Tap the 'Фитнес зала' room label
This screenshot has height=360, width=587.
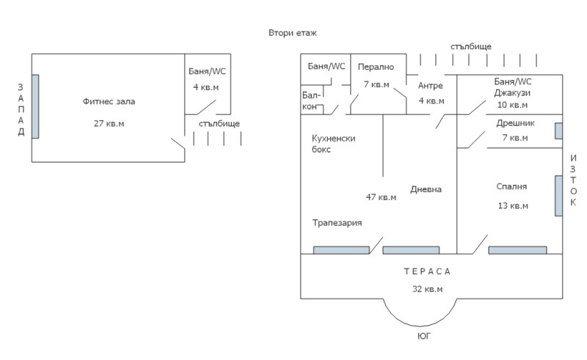(109, 101)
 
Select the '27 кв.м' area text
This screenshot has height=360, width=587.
(109, 123)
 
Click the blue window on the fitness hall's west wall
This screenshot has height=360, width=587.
(34, 106)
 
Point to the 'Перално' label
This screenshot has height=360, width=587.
(376, 67)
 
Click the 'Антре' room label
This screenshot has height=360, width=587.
(431, 86)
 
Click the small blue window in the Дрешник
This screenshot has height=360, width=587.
(558, 131)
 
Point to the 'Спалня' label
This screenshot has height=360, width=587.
(511, 186)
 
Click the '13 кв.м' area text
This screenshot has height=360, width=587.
(513, 205)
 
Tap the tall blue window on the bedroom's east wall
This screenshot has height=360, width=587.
(558, 194)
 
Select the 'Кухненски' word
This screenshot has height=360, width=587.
(334, 138)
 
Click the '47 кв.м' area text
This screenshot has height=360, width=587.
(381, 196)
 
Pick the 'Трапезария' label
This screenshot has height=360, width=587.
(337, 223)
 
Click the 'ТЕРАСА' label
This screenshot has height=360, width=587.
(427, 272)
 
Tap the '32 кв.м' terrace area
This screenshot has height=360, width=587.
(427, 289)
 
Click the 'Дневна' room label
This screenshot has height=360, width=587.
(426, 189)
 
